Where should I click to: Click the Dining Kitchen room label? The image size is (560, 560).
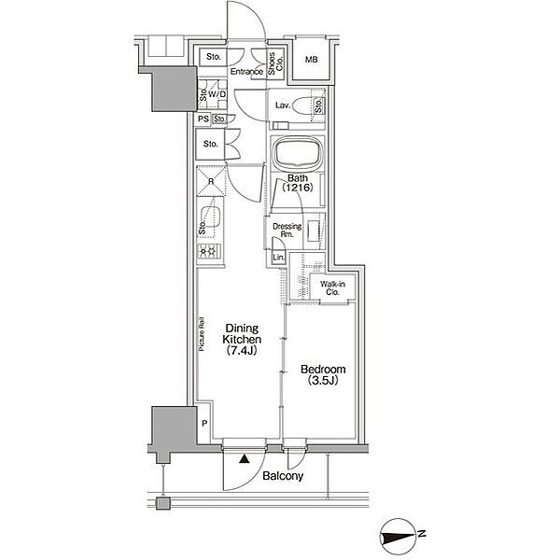coord(242,340)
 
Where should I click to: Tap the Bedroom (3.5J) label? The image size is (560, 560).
coord(323,374)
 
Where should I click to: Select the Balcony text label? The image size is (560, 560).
coord(283,476)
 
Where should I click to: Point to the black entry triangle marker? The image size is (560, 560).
coord(244,458)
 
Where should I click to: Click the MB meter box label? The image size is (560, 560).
coord(312,60)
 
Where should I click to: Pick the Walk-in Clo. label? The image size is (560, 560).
coord(332,288)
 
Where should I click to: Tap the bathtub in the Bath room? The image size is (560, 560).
coord(298,154)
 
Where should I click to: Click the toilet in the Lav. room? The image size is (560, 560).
coord(301,105)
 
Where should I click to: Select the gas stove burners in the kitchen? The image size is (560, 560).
coord(208,252)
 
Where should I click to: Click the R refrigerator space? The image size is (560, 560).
coord(211,181)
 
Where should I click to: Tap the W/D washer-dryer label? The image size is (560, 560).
coord(217,94)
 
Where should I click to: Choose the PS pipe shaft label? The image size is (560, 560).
coord(203,119)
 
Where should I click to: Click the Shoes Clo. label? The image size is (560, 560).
coord(276,63)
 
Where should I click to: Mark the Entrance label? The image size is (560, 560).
coord(246,72)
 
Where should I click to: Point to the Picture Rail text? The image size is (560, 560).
coord(202,334)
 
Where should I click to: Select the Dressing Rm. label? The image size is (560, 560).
coord(287,230)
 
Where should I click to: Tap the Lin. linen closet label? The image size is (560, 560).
coord(279,258)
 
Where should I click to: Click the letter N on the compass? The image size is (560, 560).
coord(422,534)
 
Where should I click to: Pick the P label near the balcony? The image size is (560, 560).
coord(204,424)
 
